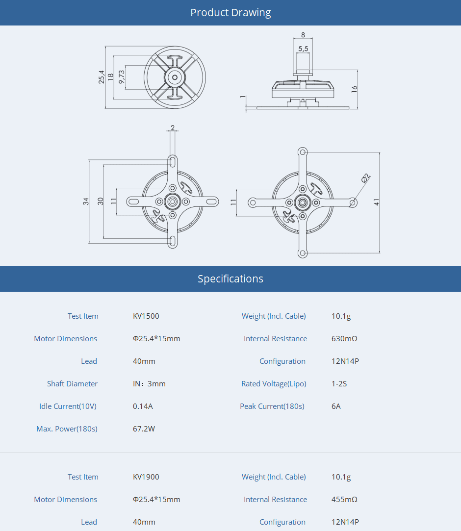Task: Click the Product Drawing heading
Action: (x=230, y=13)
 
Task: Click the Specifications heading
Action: (x=230, y=278)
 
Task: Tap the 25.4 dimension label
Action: (x=102, y=77)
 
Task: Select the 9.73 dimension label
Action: (x=122, y=77)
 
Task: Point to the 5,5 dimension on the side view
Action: (x=303, y=49)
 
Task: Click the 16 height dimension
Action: (x=354, y=89)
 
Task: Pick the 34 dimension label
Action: (x=86, y=202)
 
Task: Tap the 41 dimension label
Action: (x=376, y=202)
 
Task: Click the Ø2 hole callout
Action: (x=365, y=178)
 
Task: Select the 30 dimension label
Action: (x=100, y=202)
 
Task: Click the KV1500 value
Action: (x=146, y=316)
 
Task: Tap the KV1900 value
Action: (x=146, y=477)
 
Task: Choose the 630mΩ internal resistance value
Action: (x=344, y=339)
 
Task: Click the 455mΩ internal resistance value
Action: (x=344, y=500)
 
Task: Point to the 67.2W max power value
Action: (x=144, y=429)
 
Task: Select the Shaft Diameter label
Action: (x=72, y=384)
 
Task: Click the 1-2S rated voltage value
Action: (x=339, y=384)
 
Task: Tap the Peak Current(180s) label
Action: (x=272, y=406)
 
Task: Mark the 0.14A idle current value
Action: (x=143, y=406)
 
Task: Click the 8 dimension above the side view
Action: (x=303, y=35)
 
